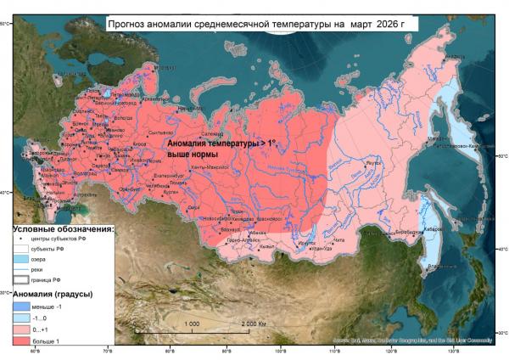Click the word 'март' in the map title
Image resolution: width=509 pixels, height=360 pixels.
351,25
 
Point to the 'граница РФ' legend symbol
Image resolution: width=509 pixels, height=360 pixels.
20,280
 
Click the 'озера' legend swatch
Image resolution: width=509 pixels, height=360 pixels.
20,260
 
